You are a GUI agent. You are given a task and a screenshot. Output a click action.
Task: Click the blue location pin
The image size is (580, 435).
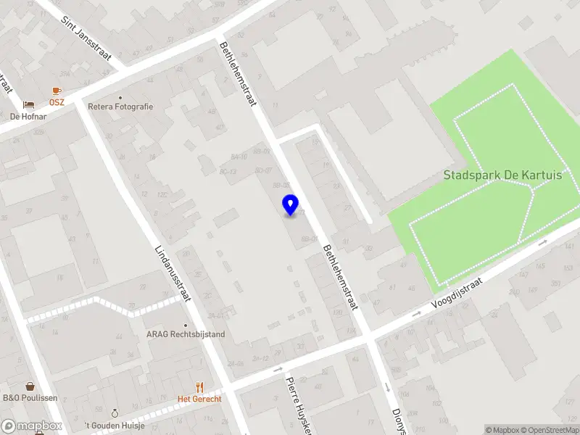point(291,204)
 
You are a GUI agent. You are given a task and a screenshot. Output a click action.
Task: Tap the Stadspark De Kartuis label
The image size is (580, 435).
point(502,175)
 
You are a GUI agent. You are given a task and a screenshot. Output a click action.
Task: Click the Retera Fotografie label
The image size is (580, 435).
point(120,107)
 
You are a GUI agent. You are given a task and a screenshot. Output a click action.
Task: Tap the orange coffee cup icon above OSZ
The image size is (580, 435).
point(57,91)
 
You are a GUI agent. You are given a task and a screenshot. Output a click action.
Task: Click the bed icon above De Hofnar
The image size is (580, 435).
point(28,105)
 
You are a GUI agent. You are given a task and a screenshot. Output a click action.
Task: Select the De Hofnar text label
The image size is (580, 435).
point(28,116)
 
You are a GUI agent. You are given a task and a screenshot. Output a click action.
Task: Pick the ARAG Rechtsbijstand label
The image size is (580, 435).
point(186,334)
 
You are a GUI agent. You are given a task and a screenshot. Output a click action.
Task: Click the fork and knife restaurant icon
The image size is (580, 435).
point(199,387)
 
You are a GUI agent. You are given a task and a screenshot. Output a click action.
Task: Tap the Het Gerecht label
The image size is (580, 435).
point(199,399)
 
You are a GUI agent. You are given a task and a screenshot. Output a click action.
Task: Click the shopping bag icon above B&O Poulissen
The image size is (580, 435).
point(30,386)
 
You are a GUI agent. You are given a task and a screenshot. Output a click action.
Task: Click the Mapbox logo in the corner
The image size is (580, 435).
point(31,426)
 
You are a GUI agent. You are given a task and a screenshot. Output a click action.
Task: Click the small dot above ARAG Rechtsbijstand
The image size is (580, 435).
point(186,326)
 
